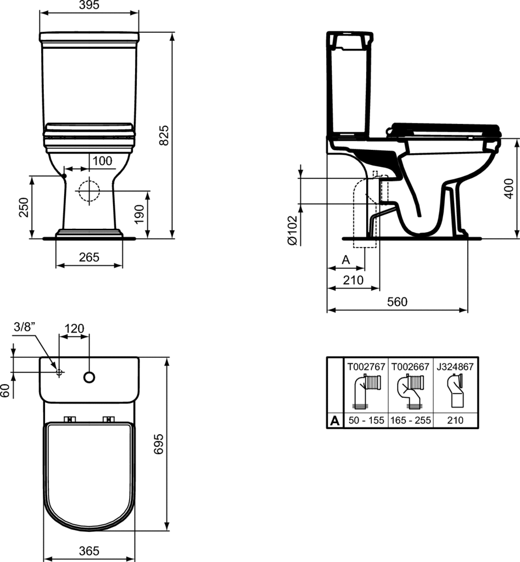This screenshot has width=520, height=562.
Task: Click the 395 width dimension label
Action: pyautogui.click(x=89, y=5)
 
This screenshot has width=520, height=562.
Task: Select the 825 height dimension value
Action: pyautogui.click(x=164, y=135)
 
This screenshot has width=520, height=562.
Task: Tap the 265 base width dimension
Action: pyautogui.click(x=89, y=257)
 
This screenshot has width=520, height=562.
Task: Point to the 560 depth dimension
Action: pyautogui.click(x=398, y=302)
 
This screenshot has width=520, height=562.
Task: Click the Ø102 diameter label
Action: pyautogui.click(x=293, y=231)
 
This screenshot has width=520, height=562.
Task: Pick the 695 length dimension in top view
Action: pyautogui.click(x=159, y=443)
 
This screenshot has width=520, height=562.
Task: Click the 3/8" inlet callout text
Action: pyautogui.click(x=25, y=327)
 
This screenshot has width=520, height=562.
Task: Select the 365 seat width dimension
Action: pyautogui.click(x=89, y=551)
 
